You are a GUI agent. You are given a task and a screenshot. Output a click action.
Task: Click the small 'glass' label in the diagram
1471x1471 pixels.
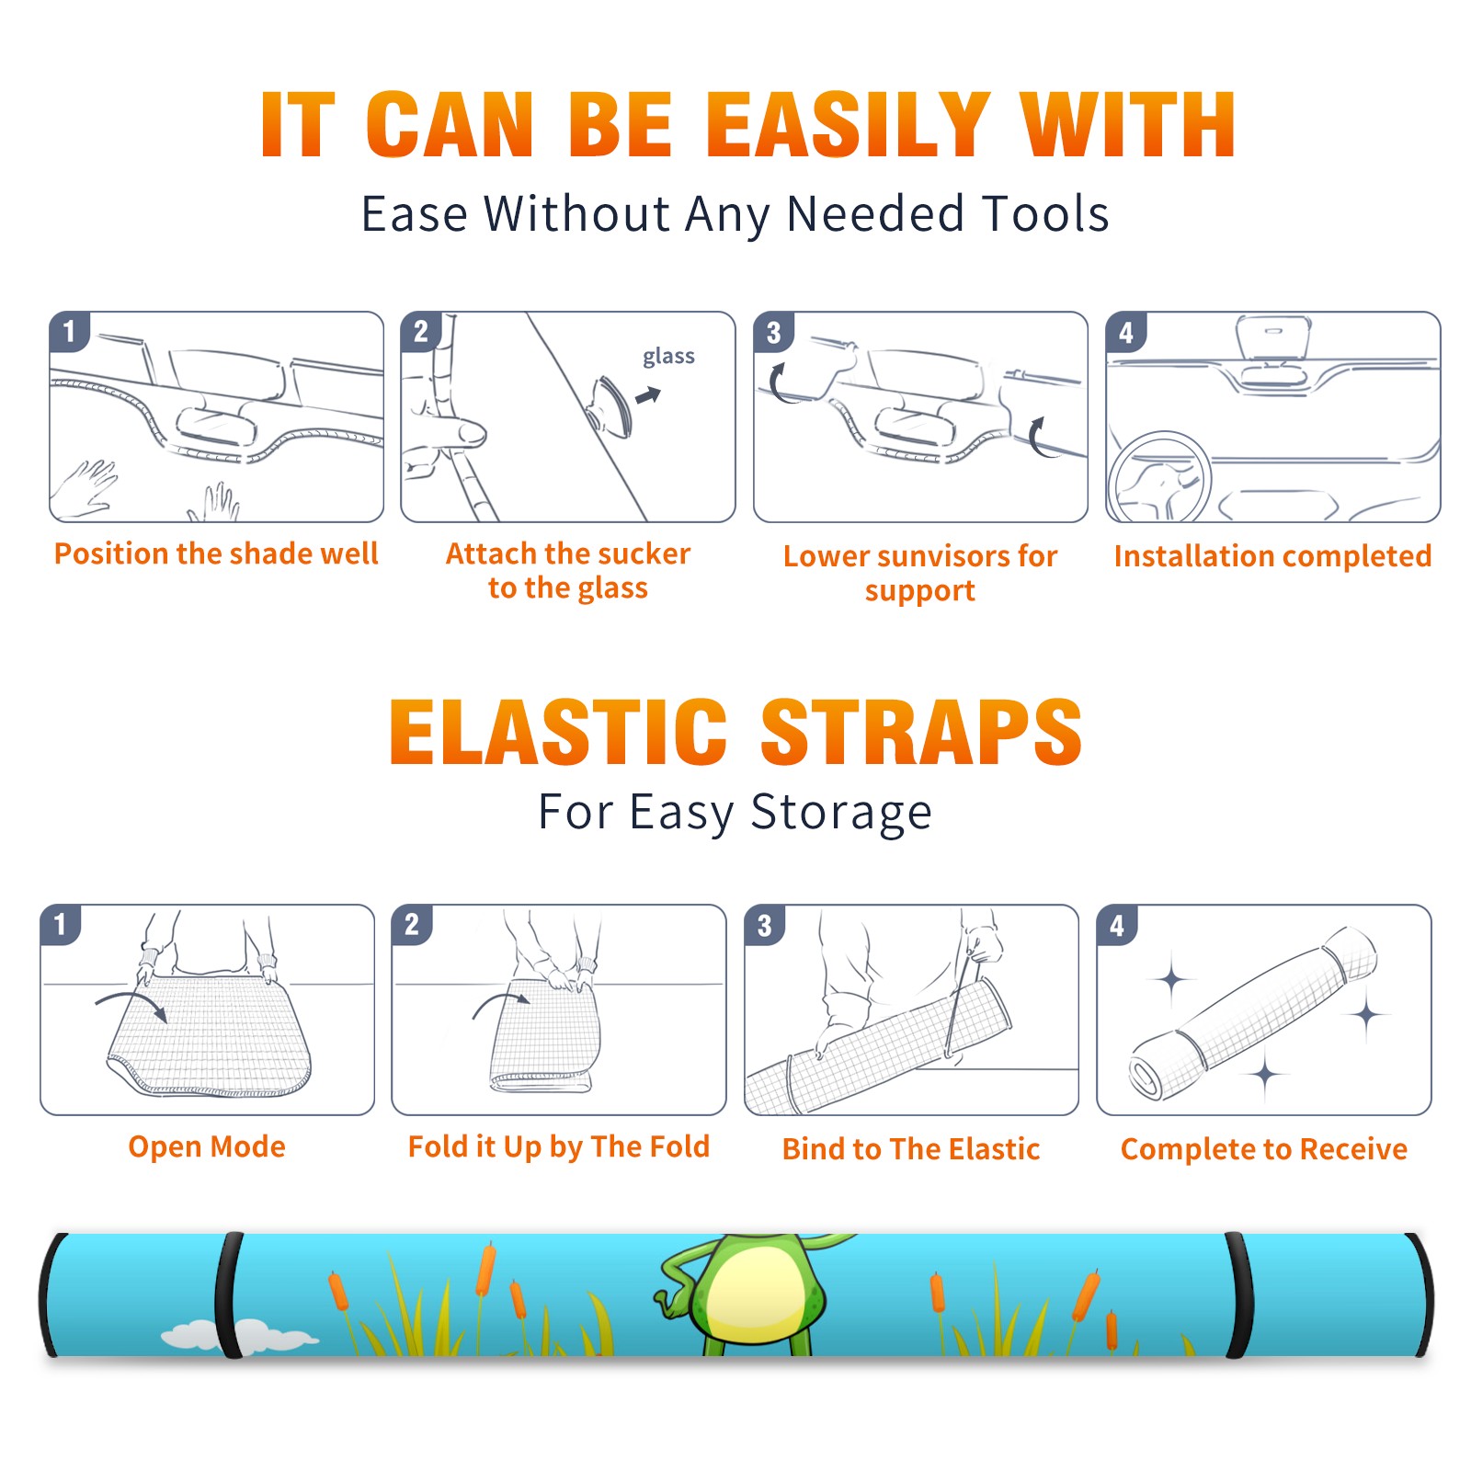(x=668, y=357)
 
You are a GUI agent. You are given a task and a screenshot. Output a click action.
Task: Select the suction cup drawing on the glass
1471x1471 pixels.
(x=611, y=405)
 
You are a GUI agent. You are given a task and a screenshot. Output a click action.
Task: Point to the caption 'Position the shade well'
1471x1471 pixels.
(x=216, y=553)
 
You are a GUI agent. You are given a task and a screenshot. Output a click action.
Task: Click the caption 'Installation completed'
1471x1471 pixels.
(x=1272, y=555)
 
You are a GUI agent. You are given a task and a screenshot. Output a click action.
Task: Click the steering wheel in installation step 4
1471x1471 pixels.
(x=1160, y=478)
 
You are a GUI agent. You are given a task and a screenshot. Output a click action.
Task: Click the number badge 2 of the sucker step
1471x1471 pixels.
(x=420, y=331)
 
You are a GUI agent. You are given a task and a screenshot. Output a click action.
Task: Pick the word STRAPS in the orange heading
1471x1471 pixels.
(x=921, y=732)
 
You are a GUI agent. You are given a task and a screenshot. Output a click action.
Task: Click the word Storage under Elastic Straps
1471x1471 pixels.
(x=841, y=813)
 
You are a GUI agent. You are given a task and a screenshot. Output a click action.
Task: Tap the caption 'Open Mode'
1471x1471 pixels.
(x=207, y=1146)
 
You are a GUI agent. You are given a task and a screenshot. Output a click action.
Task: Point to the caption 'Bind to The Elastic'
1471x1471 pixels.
(x=911, y=1149)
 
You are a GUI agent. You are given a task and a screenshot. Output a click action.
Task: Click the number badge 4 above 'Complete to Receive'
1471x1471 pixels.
(x=1116, y=925)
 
